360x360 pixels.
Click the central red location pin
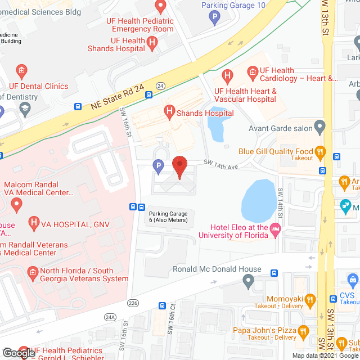179,167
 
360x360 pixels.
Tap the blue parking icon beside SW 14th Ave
159,166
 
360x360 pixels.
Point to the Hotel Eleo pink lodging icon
275,229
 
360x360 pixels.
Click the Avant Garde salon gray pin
320,127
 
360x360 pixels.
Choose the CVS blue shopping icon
353,279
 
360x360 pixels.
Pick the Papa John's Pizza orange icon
304,330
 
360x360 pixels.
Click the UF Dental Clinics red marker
21,71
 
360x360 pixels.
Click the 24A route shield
110,317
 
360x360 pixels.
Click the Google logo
19,353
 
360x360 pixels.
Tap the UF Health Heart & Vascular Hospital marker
227,75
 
